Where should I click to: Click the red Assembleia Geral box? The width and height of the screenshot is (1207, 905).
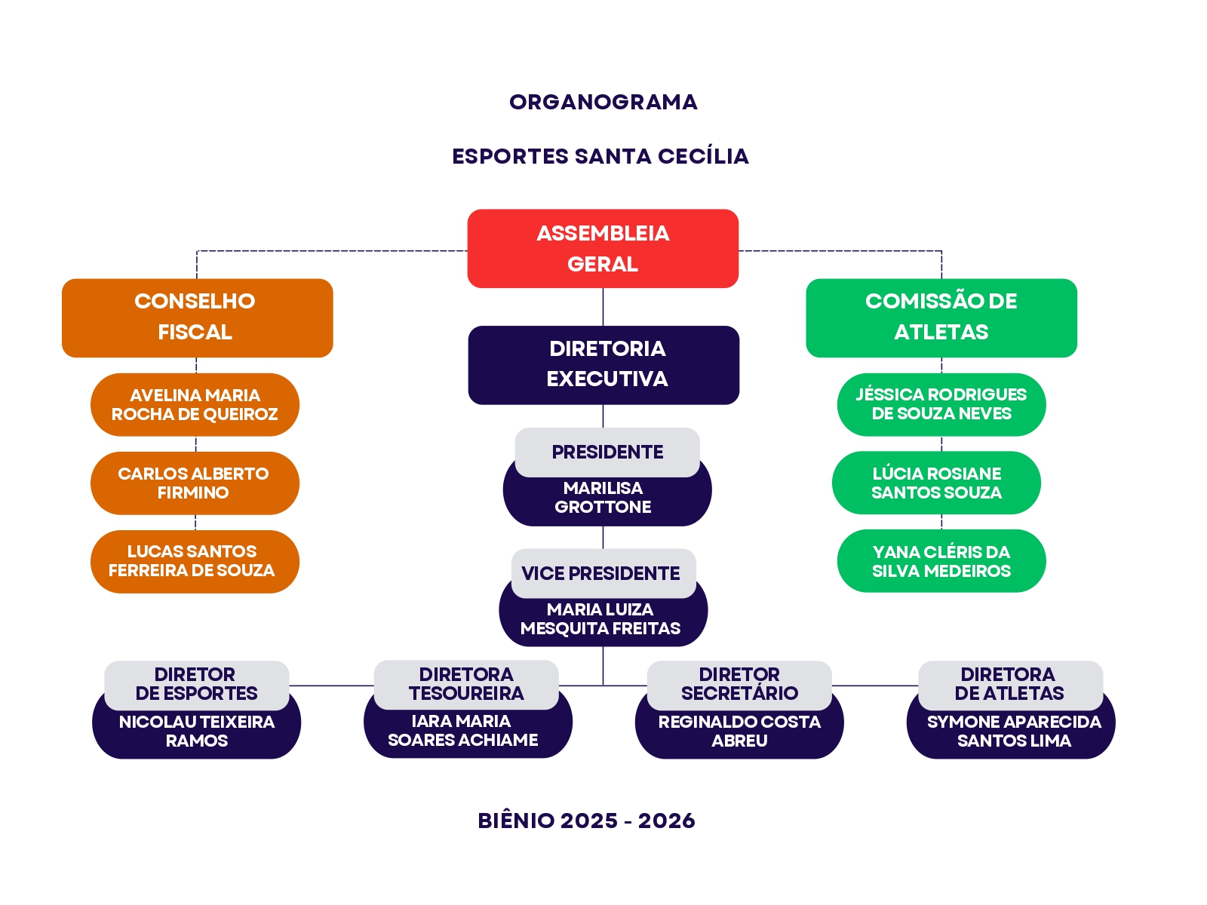coord(602,248)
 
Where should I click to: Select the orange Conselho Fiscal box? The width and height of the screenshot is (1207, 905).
coord(197,318)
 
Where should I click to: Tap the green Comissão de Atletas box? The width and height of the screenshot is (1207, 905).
coord(941,318)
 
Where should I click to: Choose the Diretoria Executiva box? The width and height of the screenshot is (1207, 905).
coord(603,365)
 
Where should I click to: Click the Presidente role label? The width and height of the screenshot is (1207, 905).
coord(607,452)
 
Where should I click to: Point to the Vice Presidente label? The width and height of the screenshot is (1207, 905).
coord(603,573)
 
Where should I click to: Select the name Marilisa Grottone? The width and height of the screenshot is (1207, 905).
coord(603,497)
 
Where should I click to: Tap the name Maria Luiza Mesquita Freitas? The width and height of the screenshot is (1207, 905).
coord(600,618)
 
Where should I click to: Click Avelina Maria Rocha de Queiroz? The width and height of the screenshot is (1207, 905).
coord(195,404)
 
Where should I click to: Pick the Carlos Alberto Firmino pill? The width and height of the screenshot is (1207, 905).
coord(195,483)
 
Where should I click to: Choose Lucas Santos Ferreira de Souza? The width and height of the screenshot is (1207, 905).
coord(195,561)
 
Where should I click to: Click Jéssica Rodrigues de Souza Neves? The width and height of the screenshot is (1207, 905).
coord(941,404)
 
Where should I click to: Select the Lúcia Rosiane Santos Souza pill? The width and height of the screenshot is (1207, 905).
coord(936,483)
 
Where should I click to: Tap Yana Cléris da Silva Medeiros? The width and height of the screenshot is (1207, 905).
coord(941,560)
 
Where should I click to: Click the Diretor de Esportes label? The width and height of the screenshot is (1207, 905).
coord(196,684)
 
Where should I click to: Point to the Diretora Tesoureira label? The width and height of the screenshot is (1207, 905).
coord(465,684)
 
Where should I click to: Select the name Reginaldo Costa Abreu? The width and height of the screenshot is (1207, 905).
coord(739,731)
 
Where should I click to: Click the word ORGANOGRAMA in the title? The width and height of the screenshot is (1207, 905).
coord(603,103)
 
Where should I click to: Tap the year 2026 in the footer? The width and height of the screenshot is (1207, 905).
coord(666,821)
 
